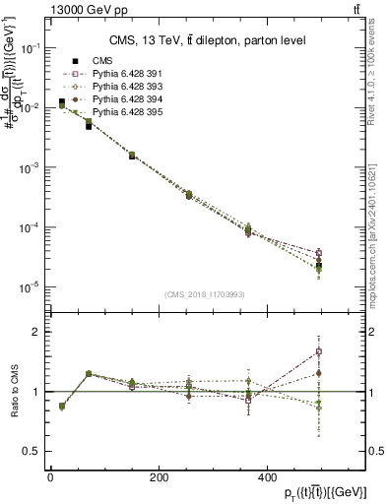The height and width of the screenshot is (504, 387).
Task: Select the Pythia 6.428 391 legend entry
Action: coord(123,74)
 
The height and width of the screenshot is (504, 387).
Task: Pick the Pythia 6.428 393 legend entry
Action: coord(123,87)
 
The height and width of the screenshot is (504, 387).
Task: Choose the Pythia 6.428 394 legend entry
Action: coord(123,99)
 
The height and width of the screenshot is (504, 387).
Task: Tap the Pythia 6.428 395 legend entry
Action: coord(123,112)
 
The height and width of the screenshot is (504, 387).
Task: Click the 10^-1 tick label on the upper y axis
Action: coord(31,47)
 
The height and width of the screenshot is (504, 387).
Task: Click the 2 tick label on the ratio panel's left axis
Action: coord(38,333)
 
